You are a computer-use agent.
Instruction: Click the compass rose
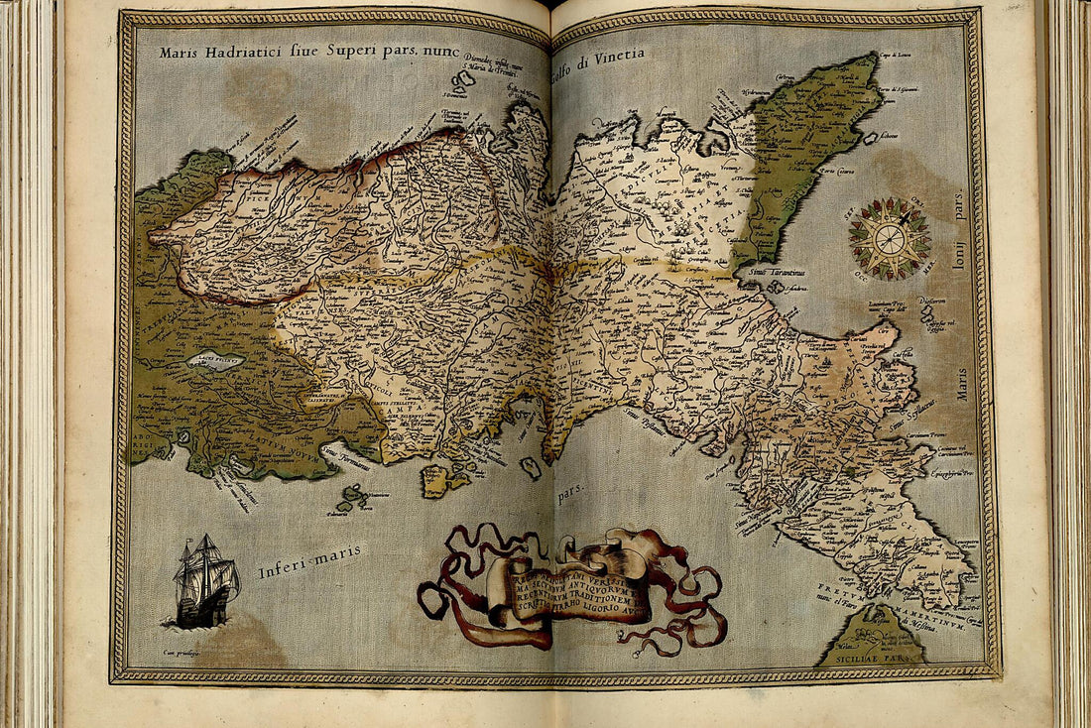pyautogui.click(x=890, y=238)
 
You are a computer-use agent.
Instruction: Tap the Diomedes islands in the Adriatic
pyautogui.click(x=464, y=79)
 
